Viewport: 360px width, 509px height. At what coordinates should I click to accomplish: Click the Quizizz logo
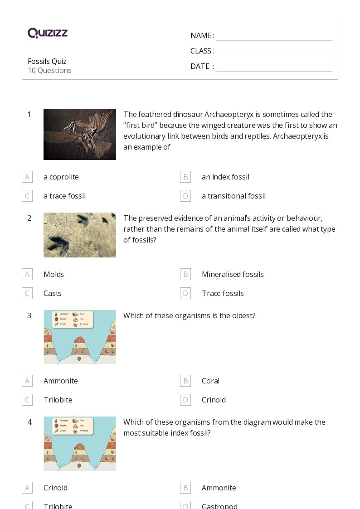click(48, 33)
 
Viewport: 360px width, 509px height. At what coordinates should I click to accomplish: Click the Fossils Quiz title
click(47, 61)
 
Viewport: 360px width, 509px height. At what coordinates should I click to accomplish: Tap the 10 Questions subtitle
click(49, 70)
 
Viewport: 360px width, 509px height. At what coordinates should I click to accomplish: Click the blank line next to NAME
click(274, 36)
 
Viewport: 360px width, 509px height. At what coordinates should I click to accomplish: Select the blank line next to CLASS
click(274, 51)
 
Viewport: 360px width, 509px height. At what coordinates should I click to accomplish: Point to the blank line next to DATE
click(274, 67)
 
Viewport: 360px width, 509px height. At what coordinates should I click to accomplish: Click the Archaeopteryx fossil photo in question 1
click(80, 134)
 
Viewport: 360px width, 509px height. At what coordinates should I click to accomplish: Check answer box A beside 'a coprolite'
click(27, 177)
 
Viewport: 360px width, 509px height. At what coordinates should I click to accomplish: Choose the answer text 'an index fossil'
click(225, 177)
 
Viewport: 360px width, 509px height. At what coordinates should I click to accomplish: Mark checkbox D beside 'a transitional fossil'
click(185, 196)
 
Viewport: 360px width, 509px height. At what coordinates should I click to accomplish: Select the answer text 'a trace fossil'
click(64, 196)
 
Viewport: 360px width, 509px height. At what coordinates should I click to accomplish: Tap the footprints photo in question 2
click(80, 235)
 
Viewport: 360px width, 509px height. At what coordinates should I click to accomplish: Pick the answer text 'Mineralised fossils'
click(233, 274)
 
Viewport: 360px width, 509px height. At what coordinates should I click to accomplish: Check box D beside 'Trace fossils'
click(185, 293)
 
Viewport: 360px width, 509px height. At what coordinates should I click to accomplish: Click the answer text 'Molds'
click(54, 274)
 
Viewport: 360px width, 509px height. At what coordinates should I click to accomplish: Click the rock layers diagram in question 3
click(80, 337)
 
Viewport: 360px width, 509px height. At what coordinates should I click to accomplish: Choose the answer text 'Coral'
click(210, 381)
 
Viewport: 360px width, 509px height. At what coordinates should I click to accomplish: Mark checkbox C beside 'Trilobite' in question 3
click(27, 400)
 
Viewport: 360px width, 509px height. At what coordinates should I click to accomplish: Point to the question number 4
click(30, 422)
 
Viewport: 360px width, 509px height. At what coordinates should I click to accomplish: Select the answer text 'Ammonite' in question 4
click(219, 488)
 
